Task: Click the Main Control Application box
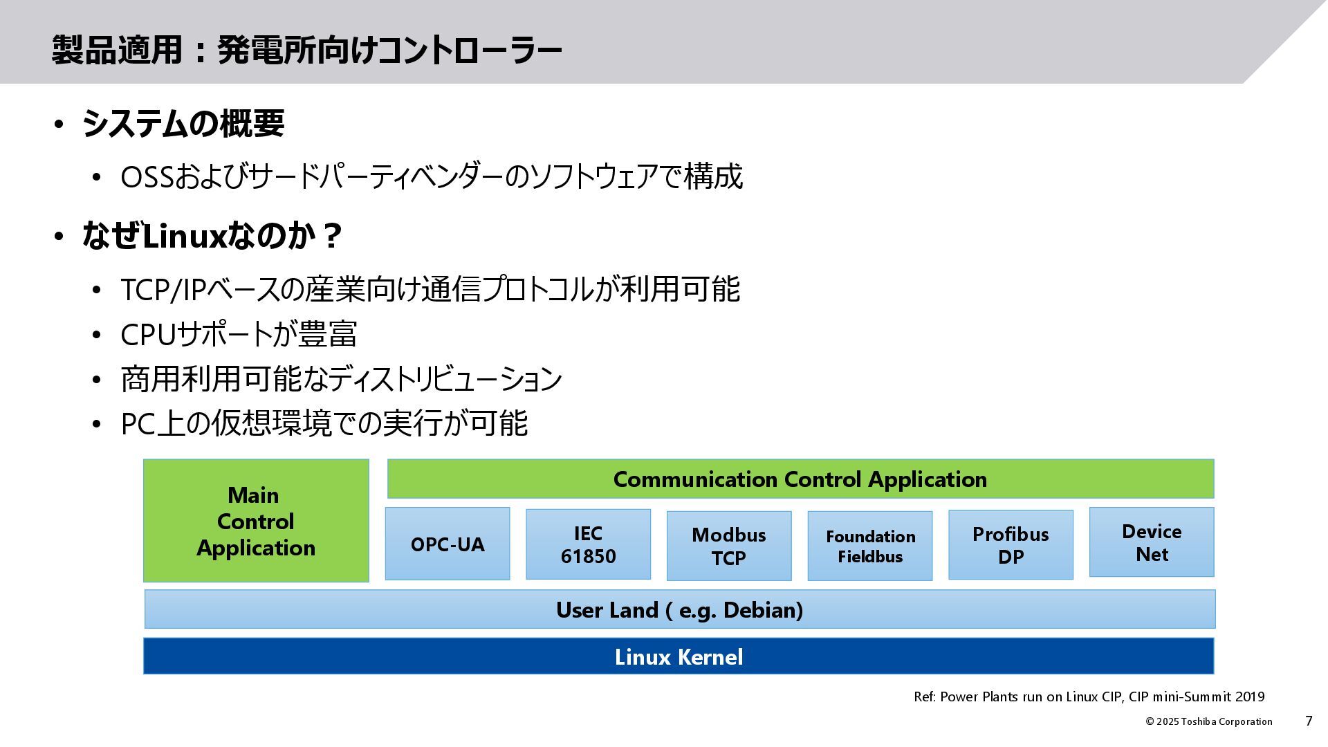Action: pyautogui.click(x=256, y=521)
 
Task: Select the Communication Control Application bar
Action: pyautogui.click(x=800, y=479)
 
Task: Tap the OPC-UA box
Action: pyautogui.click(x=448, y=544)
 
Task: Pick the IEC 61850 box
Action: pyautogui.click(x=588, y=544)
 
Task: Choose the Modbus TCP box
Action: pyautogui.click(x=729, y=546)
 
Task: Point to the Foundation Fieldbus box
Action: pyautogui.click(x=870, y=546)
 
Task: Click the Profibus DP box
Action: pyautogui.click(x=1011, y=544)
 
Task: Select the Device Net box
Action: pyautogui.click(x=1152, y=542)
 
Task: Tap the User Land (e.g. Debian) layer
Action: pyautogui.click(x=679, y=609)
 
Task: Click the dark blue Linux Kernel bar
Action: pyautogui.click(x=679, y=656)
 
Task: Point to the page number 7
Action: pyautogui.click(x=1309, y=721)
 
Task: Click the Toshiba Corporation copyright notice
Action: pyautogui.click(x=1208, y=721)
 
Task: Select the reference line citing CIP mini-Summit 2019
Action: pyautogui.click(x=1089, y=697)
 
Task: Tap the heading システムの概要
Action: pyautogui.click(x=183, y=124)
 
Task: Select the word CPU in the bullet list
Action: pyautogui.click(x=148, y=335)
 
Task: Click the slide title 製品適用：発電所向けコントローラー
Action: pyautogui.click(x=306, y=50)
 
